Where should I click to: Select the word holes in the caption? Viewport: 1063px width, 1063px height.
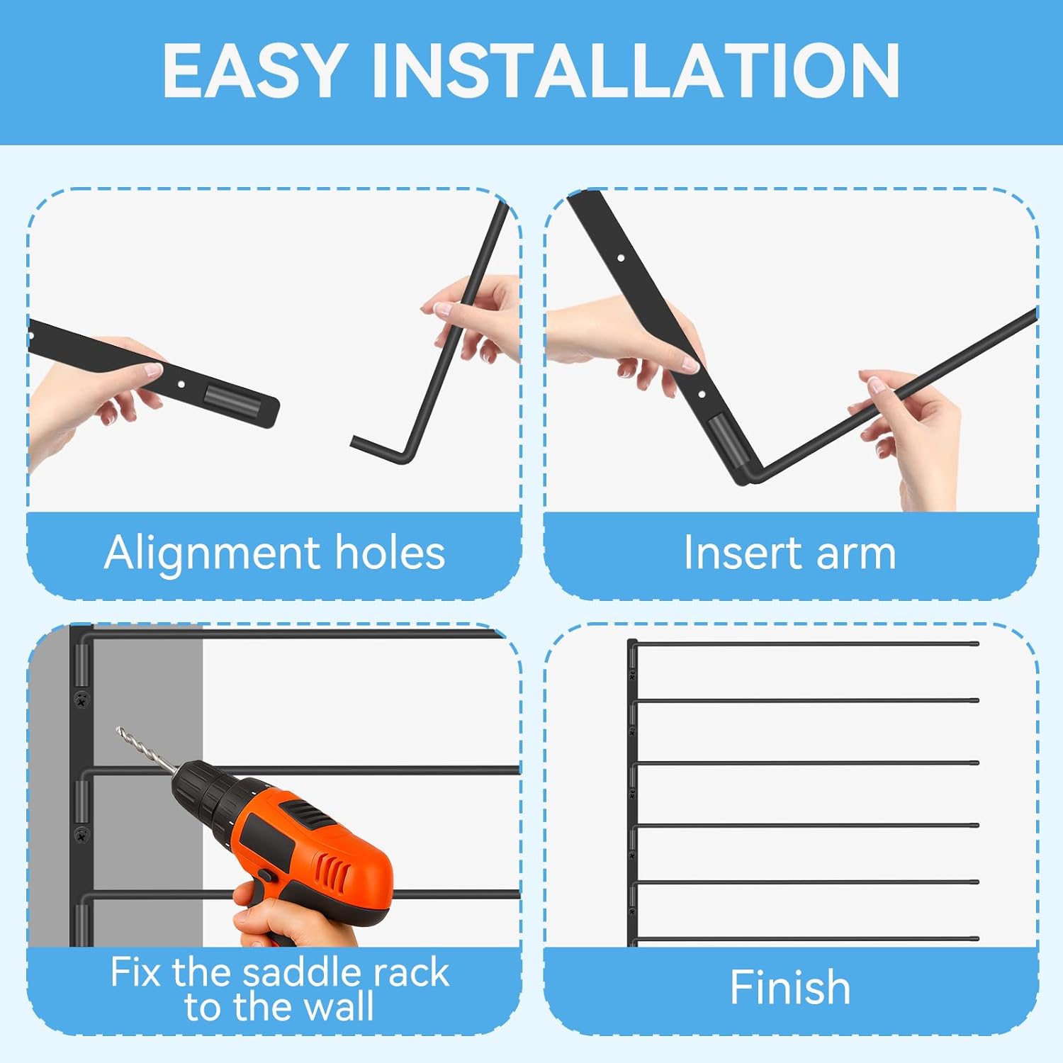pos(390,553)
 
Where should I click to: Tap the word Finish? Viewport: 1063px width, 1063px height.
pos(790,987)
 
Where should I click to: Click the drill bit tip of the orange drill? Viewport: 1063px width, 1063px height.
pos(119,729)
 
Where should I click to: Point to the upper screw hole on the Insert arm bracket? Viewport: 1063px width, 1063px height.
pos(621,259)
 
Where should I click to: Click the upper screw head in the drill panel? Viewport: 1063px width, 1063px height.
pos(82,700)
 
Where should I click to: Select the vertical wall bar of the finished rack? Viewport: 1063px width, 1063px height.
pos(630,794)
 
